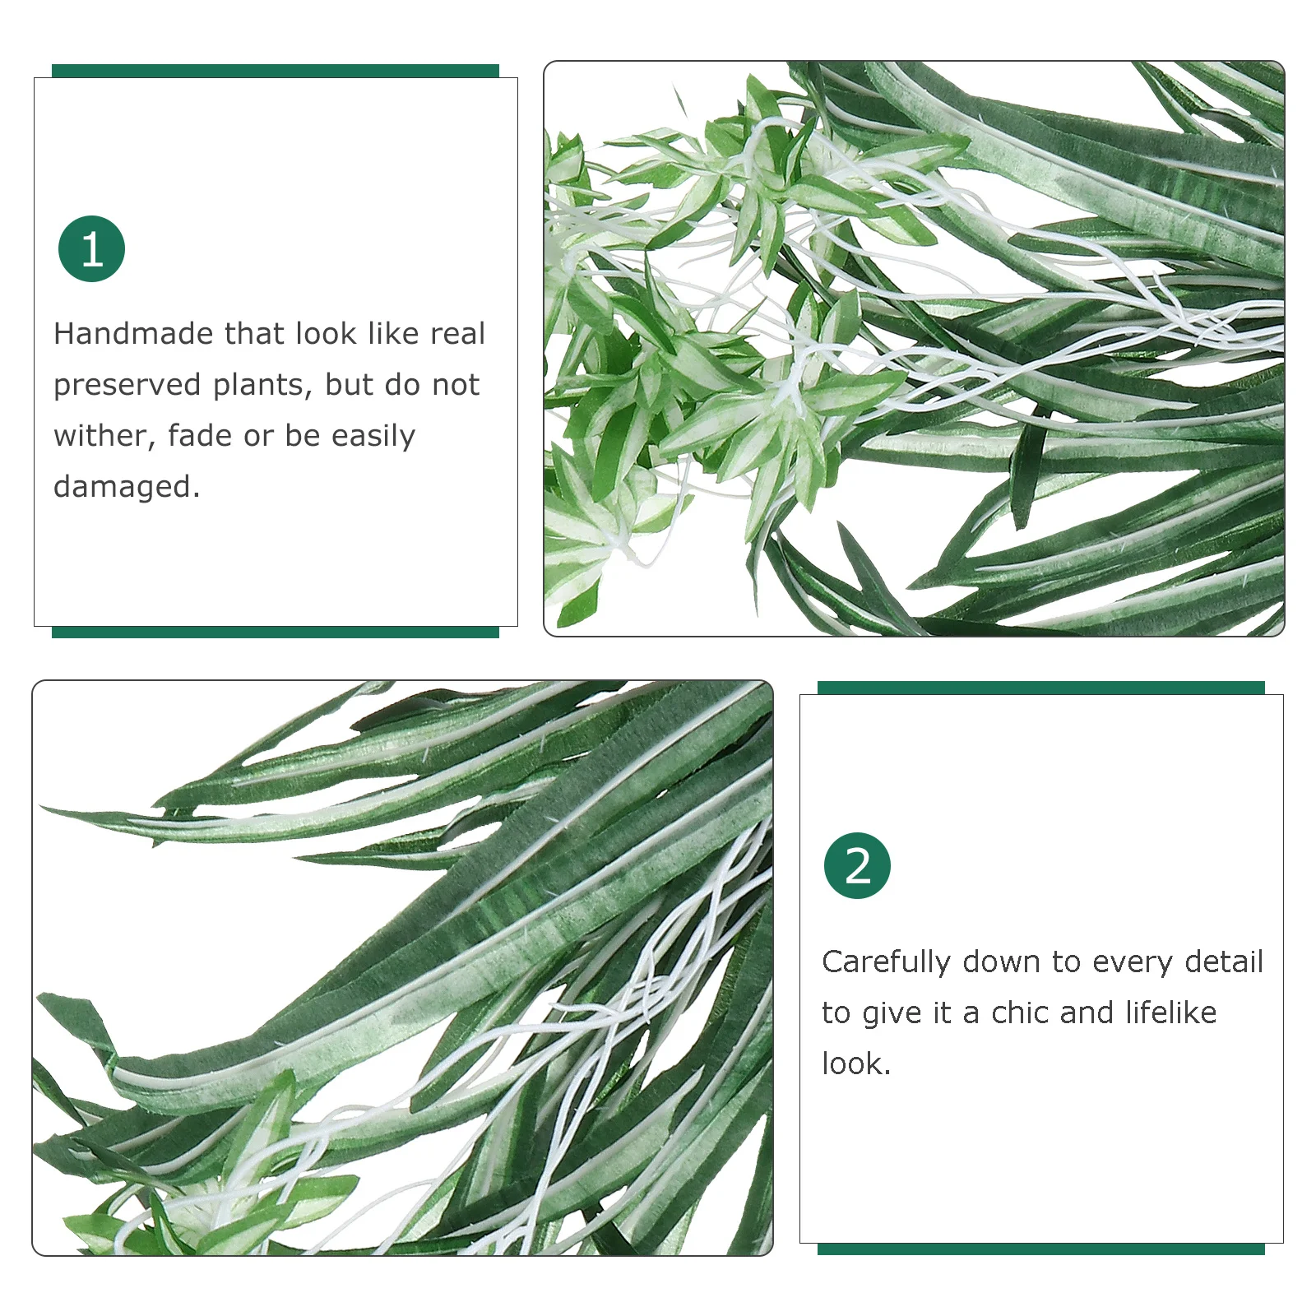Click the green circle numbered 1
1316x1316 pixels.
tap(91, 249)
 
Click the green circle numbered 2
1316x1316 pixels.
tap(857, 866)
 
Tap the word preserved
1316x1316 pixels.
tap(127, 386)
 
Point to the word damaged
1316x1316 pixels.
tap(126, 487)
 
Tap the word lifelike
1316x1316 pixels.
tap(1170, 1012)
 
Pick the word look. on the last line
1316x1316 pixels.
tap(855, 1064)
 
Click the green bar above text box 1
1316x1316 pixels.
tap(275, 71)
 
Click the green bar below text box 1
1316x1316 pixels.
tap(275, 632)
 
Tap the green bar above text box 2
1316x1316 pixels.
tap(1040, 688)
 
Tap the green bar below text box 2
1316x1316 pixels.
tap(1040, 1249)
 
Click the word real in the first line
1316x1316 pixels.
tap(457, 334)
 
